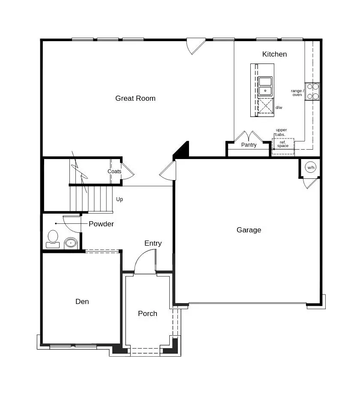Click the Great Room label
coord(135,98)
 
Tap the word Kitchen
coord(274,54)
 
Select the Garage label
coord(249,230)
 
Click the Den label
coord(82,301)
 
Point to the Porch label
coord(147,313)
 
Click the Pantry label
coord(249,145)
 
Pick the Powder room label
coord(101,224)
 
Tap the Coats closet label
coord(114,171)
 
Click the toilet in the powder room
coord(53,238)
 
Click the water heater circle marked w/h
coord(311,168)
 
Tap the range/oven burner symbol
coord(312,91)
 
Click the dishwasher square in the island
coord(266,105)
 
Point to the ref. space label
coord(283,144)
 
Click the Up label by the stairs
coord(120,199)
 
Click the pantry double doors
coord(249,136)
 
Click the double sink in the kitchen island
coord(265,86)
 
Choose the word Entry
coord(153,243)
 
